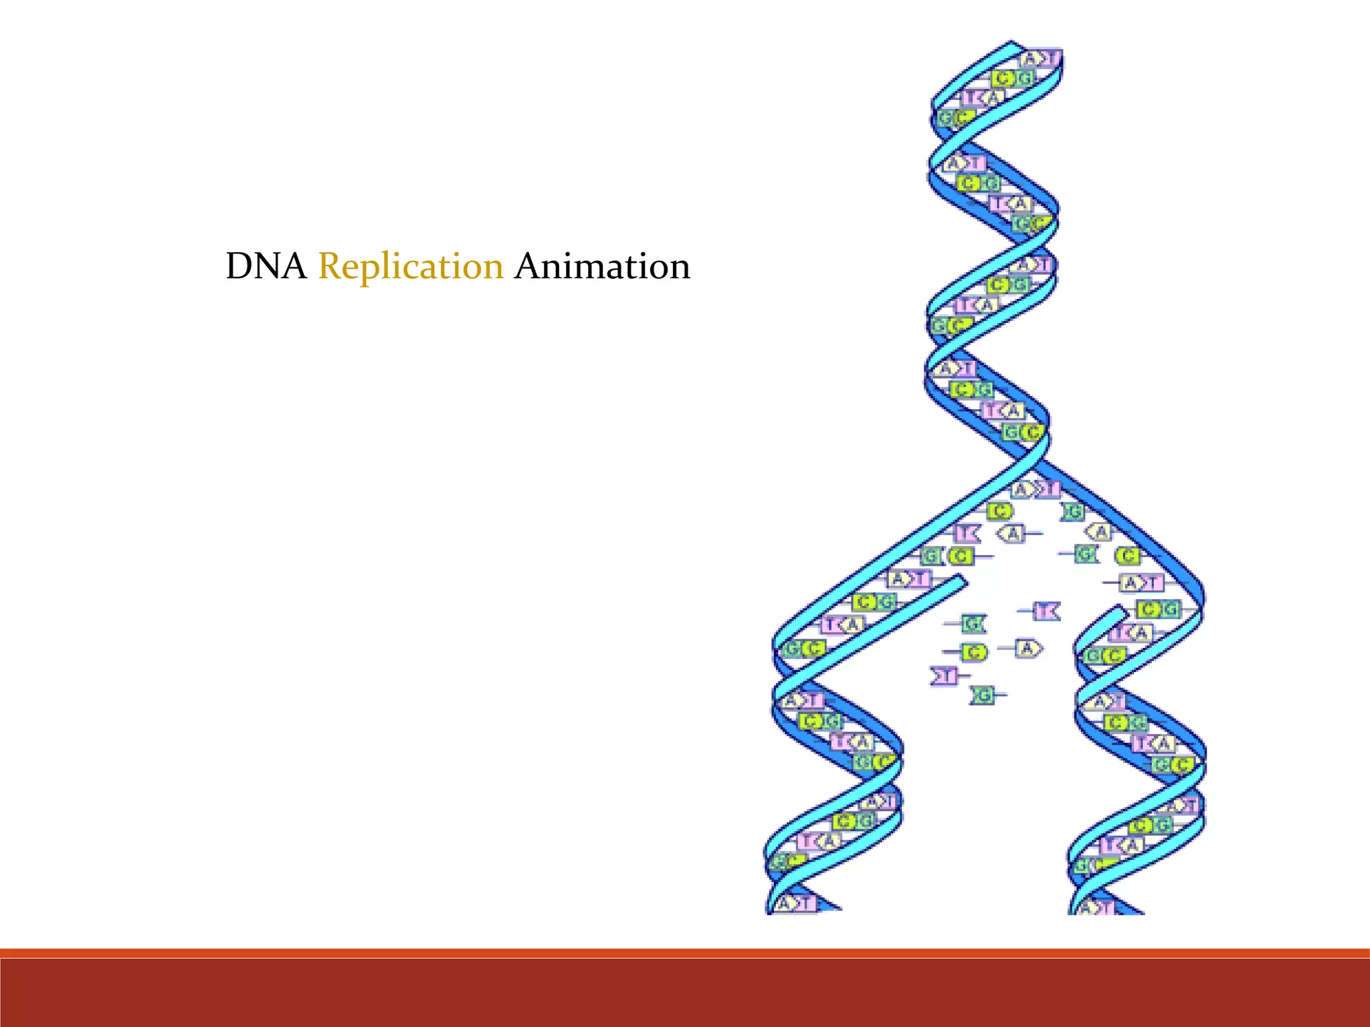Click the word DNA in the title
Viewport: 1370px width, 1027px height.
pyautogui.click(x=266, y=266)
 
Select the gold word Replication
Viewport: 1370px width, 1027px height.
pyautogui.click(x=410, y=266)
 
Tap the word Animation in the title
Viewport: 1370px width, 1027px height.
pyautogui.click(x=602, y=266)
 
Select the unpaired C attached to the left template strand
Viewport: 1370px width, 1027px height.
pyautogui.click(x=1000, y=511)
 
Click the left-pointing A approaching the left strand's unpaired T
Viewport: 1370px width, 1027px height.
pyautogui.click(x=1012, y=534)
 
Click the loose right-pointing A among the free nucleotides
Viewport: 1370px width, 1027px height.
pyautogui.click(x=1027, y=648)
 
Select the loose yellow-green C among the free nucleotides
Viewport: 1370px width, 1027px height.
pyautogui.click(x=974, y=652)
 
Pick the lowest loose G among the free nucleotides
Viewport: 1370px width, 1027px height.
pyautogui.click(x=983, y=696)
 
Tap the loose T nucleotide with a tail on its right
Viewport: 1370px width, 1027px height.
pyautogui.click(x=944, y=676)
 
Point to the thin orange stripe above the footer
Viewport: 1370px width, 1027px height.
pyautogui.click(x=685, y=953)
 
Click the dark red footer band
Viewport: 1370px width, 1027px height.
pyautogui.click(x=685, y=993)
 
